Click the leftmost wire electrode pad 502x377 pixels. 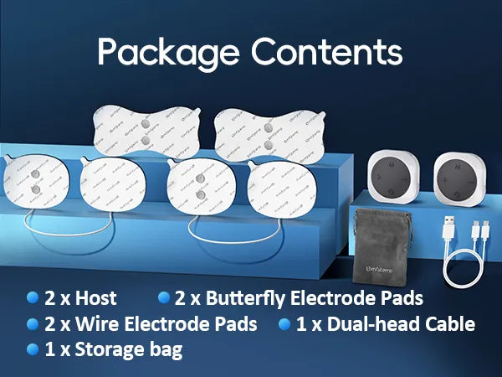[x=33, y=186]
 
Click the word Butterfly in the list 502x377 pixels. [x=227, y=298]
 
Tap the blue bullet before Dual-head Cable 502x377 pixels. [x=284, y=323]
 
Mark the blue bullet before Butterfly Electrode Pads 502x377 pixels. [x=164, y=297]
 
